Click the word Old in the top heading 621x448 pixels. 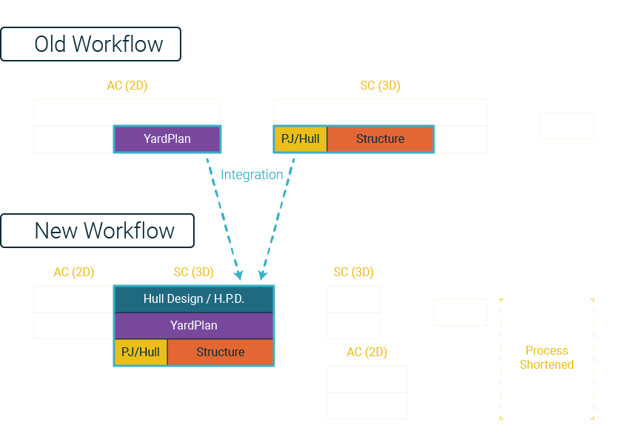coord(50,44)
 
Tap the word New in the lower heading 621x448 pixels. coord(56,230)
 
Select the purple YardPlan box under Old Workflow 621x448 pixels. coord(167,139)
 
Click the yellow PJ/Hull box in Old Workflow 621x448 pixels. coord(301,139)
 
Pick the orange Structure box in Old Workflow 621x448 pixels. coord(380,139)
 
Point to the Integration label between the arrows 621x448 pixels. coord(252,175)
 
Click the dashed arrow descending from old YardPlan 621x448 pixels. coord(223,217)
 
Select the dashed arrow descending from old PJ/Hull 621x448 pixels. coord(278,217)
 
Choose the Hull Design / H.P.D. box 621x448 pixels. coord(194,299)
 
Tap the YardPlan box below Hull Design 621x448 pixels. coord(194,326)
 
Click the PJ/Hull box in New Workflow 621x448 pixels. coord(141,352)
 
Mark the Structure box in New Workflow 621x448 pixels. coord(221,352)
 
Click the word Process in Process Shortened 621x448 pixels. coord(546,350)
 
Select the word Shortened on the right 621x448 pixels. coord(546,364)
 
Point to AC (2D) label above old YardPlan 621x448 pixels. coord(127,86)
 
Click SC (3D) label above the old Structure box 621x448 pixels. coord(380,86)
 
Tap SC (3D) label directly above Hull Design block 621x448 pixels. coord(194,272)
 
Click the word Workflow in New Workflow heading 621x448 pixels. coord(129,230)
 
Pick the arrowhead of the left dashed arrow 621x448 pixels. coord(239,275)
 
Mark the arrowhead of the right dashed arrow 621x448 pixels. coord(262,275)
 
